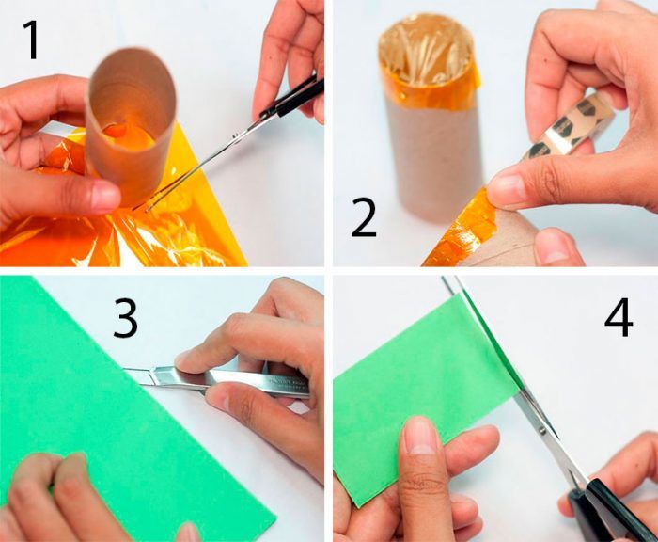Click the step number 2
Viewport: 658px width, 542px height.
(364, 218)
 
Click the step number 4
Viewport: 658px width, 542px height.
(619, 317)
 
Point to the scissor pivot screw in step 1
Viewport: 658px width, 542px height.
(234, 136)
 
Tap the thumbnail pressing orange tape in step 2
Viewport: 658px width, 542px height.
(506, 188)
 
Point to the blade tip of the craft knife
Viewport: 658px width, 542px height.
(124, 369)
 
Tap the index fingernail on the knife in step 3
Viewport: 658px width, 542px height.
(184, 358)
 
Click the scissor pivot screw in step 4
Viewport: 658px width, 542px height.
(542, 430)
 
